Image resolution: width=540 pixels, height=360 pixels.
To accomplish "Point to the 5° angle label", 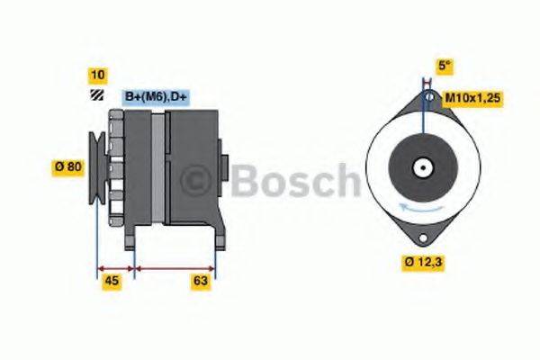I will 444,65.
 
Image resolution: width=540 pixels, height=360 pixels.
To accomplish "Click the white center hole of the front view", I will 422,167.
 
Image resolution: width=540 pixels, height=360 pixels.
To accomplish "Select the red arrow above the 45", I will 114,267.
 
